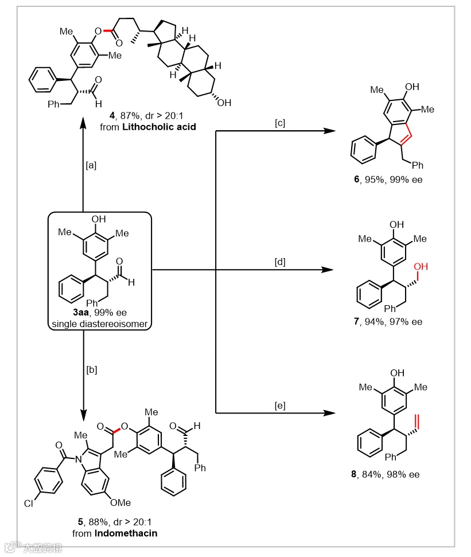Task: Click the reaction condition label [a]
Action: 91,165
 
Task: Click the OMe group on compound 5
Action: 122,503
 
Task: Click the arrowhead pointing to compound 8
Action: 328,412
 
